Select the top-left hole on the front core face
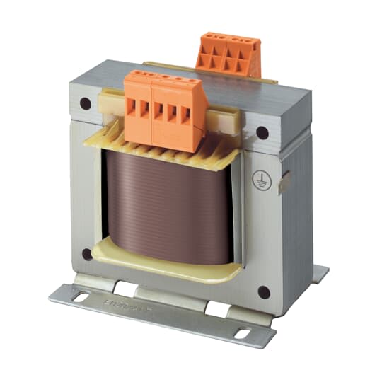(x=86, y=103)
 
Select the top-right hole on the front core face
(x=262, y=132)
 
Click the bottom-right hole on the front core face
(x=263, y=291)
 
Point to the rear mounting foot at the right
(x=320, y=273)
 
